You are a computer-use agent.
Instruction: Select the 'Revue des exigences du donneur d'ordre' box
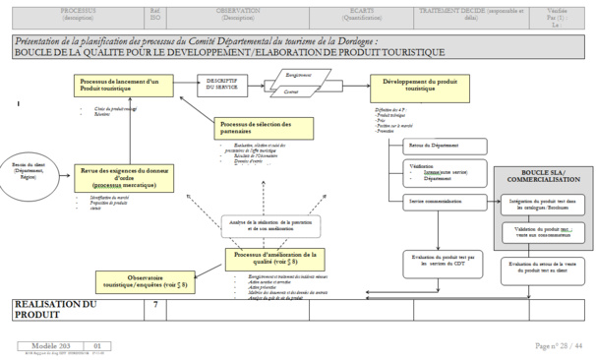pos(121,178)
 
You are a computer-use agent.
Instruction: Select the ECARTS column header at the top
pos(359,13)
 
